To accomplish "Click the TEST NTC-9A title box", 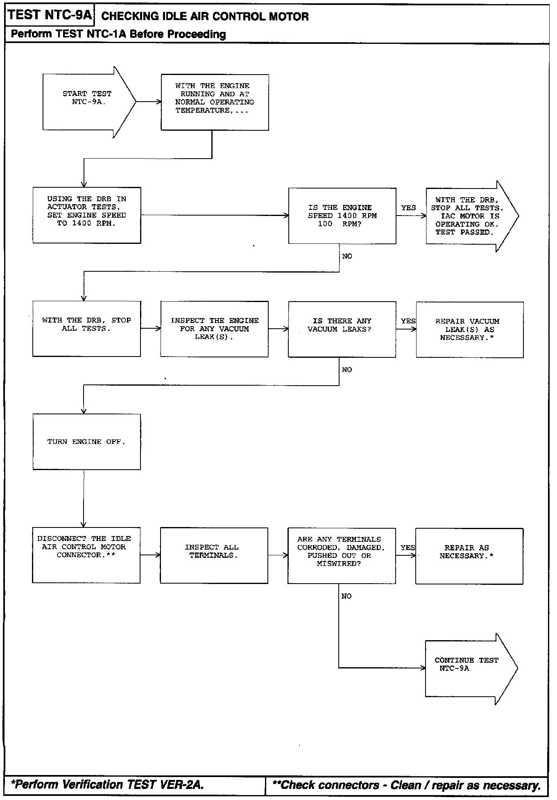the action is [x=50, y=16].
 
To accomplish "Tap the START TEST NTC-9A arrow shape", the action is [x=89, y=102].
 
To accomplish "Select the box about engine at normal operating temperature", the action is [x=215, y=102].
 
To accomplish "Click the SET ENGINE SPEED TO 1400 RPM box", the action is [x=87, y=215].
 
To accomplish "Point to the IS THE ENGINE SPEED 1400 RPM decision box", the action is [x=342, y=216].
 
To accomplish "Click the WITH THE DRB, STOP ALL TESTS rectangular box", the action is [x=86, y=329].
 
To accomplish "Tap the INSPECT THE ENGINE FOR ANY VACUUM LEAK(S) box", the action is [x=215, y=329].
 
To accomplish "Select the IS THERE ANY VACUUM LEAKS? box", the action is [x=342, y=330].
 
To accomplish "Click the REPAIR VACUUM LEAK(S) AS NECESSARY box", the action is [x=470, y=330].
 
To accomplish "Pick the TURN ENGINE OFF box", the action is [x=86, y=442].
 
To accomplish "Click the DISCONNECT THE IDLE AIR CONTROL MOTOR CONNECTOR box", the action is [x=86, y=555].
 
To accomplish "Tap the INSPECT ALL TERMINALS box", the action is [x=214, y=556].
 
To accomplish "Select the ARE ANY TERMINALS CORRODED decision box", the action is [x=342, y=556].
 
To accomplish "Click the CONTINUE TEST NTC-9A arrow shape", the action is [x=471, y=668].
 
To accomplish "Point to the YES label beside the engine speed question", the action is [x=408, y=208].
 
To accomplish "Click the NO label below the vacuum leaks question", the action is [x=347, y=370].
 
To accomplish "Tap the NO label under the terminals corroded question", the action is [x=346, y=596].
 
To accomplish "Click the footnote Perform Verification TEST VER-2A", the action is [x=107, y=784].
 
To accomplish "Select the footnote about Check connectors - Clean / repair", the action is [x=406, y=785].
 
